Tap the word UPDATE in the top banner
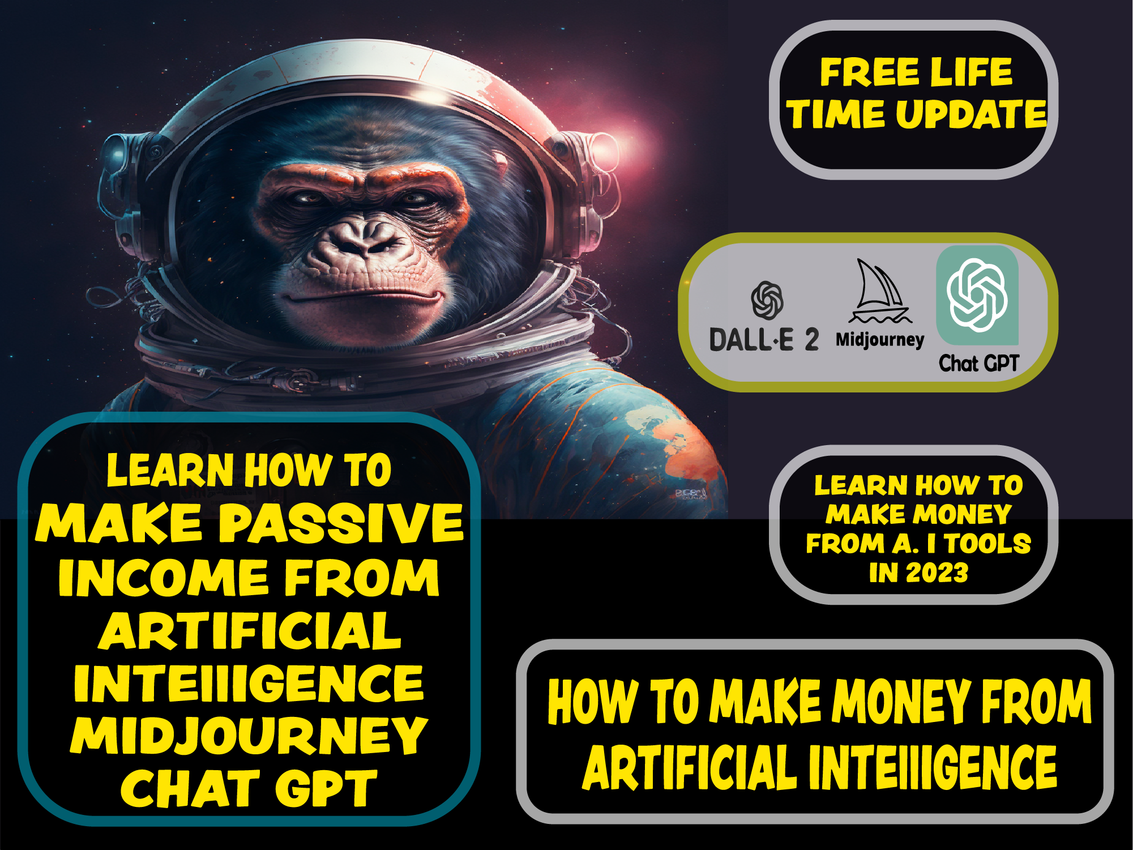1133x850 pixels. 972,114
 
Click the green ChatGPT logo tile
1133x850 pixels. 977,295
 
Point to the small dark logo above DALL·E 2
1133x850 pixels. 767,301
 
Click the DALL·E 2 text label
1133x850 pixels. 764,339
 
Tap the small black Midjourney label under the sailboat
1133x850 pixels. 880,340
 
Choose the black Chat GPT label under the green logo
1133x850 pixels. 979,363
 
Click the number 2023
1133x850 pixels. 937,573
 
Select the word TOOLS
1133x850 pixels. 988,543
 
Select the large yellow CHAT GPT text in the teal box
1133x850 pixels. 249,788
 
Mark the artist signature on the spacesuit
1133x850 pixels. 691,494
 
